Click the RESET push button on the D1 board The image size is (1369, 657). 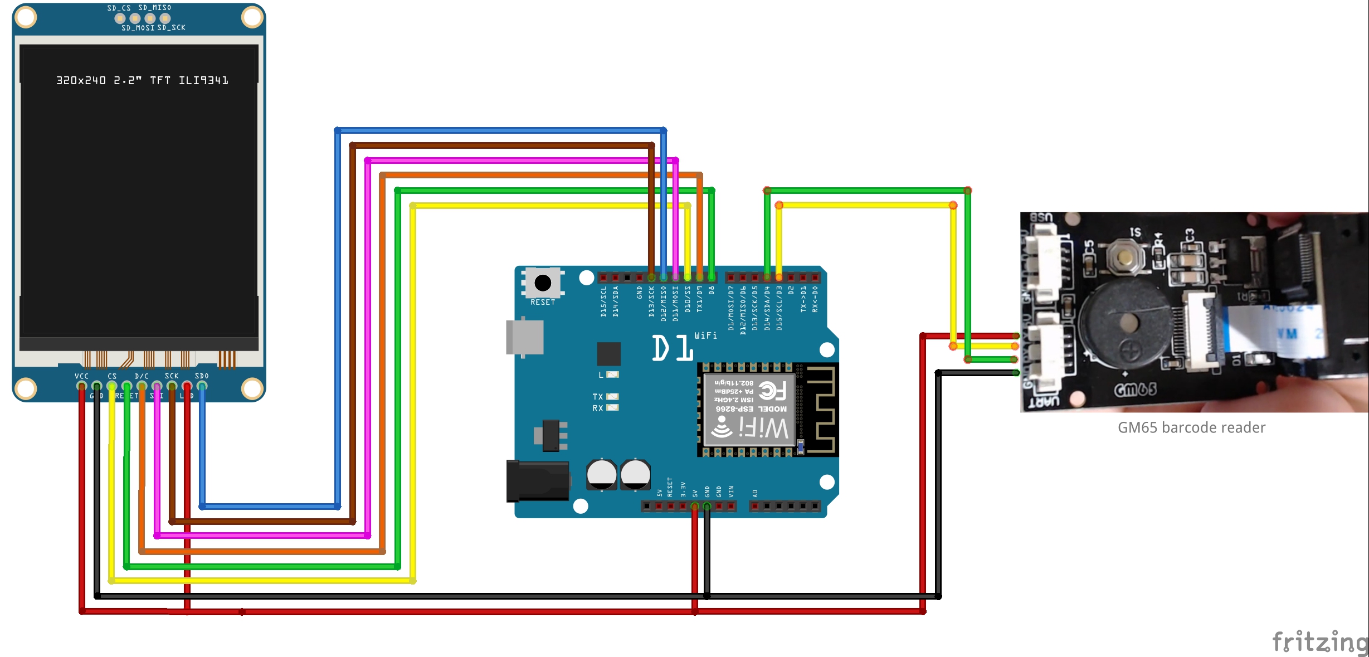tap(543, 283)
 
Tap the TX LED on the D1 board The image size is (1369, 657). tap(612, 397)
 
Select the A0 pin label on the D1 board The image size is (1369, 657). tap(755, 493)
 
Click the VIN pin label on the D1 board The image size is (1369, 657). tap(731, 491)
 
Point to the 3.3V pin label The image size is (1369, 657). tap(683, 489)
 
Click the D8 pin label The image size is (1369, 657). tap(712, 290)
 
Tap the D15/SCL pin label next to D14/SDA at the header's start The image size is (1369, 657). tap(603, 301)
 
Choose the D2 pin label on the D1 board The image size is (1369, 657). tap(791, 290)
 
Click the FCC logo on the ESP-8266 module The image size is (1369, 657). tap(773, 391)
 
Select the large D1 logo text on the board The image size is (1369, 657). tap(673, 348)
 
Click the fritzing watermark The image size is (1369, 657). tap(1319, 641)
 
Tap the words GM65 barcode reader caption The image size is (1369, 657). tap(1191, 427)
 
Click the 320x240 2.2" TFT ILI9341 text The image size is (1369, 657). tap(142, 80)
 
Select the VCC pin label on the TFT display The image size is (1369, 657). tap(81, 376)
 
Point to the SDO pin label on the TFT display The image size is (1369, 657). tap(202, 376)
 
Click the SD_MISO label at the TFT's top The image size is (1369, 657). tap(154, 8)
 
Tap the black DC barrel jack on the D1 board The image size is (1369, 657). tap(538, 480)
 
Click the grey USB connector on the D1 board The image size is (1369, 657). tap(524, 337)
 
